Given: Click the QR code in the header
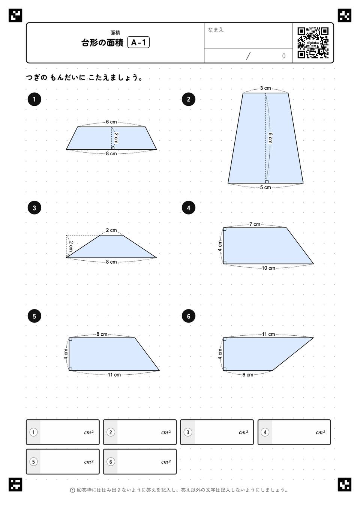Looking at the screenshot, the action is coord(313,43).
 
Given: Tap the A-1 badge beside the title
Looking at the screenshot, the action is coord(138,42).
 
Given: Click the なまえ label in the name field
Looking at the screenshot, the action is coord(216,30).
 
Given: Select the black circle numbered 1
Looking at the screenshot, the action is coord(34,99).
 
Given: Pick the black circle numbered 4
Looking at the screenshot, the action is coord(189,208).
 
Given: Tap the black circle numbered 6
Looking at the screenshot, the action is coord(189,316).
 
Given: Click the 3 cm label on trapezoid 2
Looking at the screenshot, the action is coord(265,88).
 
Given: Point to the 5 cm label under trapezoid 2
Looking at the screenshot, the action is coord(265,188).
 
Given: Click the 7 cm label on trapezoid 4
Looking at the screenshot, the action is coord(255,224).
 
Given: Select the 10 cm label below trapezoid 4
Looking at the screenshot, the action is coord(268,268).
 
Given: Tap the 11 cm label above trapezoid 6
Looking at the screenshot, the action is coord(268,334).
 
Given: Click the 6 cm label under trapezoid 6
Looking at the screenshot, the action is coord(247,375).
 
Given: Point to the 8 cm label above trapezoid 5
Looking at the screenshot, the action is coord(102,334).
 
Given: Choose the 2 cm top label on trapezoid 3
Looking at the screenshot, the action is coord(111,230).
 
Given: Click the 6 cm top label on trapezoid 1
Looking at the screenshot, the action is coord(111,122).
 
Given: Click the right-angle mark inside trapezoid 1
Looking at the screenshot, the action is coord(112,148).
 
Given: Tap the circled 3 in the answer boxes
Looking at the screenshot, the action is coord(188,432).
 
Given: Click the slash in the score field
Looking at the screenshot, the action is coord(248,56).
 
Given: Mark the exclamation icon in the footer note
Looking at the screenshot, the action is coord(72,490).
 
